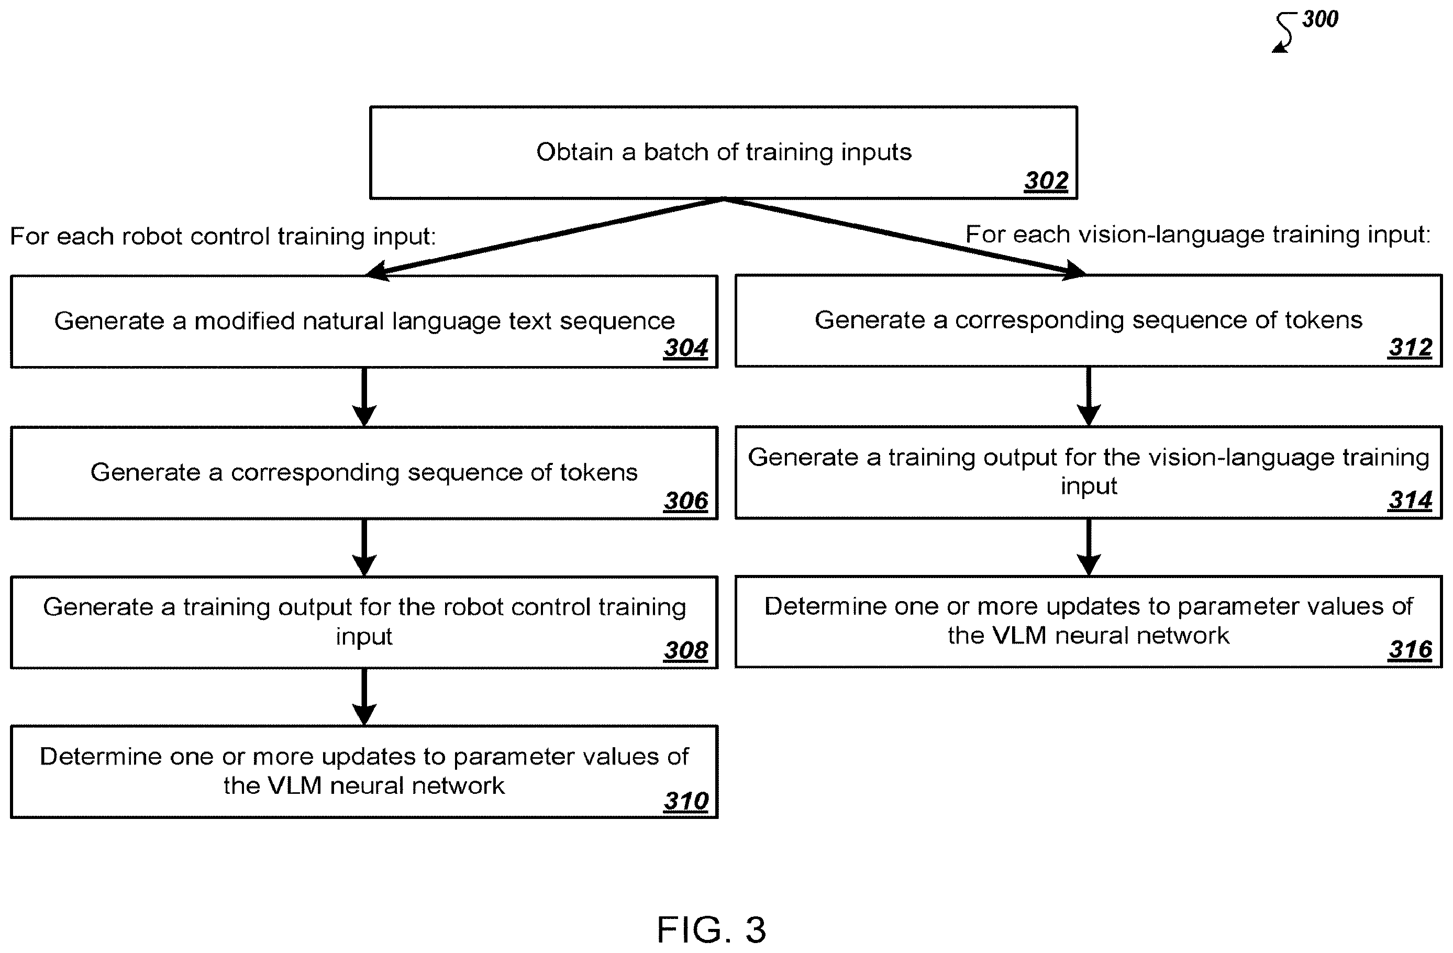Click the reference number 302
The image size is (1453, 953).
[x=1046, y=181]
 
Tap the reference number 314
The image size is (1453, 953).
[x=1410, y=500]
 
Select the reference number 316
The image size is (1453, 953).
[x=1410, y=650]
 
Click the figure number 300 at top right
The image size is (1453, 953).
[x=1320, y=19]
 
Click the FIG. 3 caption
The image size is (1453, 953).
[x=711, y=930]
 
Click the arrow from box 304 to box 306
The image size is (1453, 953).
[x=364, y=397]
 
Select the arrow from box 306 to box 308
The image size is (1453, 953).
[x=364, y=548]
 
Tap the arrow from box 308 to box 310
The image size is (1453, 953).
[x=364, y=697]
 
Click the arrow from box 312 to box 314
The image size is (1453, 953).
[x=1089, y=396]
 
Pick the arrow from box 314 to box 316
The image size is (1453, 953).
[x=1089, y=547]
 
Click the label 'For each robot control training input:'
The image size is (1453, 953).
[x=224, y=237]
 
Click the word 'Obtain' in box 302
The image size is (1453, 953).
[x=574, y=152]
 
